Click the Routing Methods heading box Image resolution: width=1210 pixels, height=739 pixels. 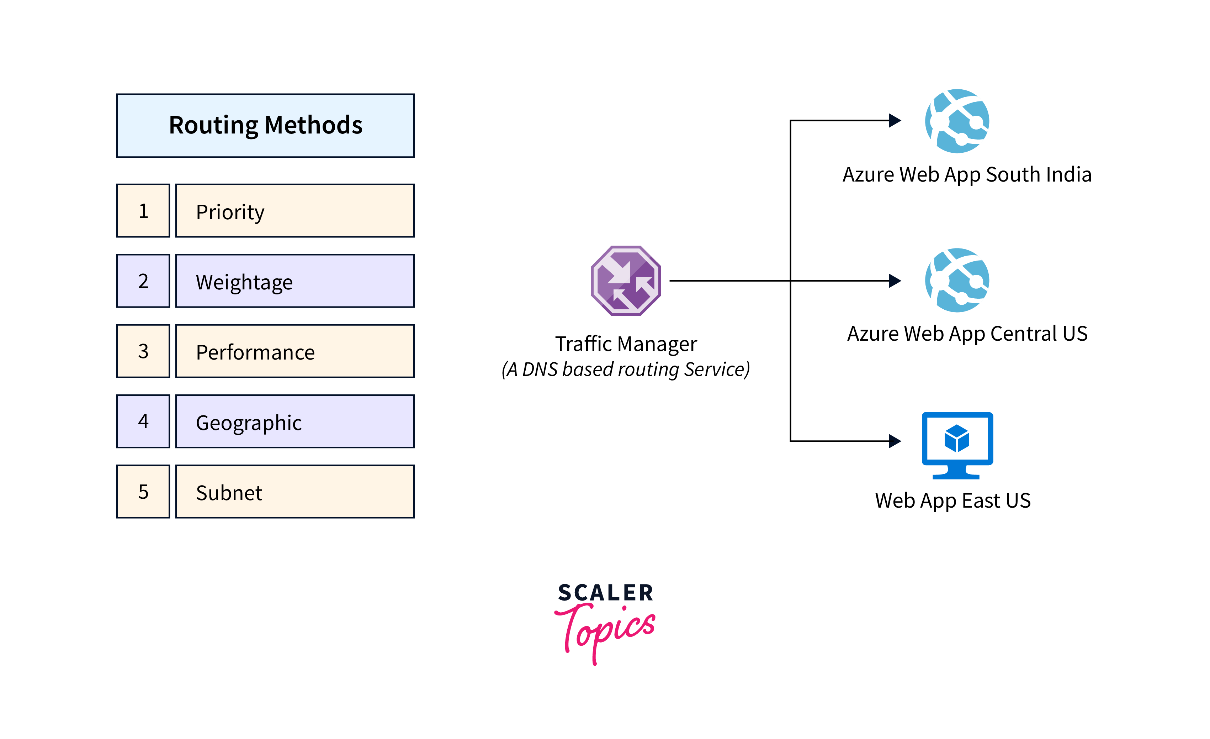click(265, 125)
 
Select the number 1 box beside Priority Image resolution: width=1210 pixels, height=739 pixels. click(143, 211)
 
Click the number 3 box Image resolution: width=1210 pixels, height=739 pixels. click(143, 351)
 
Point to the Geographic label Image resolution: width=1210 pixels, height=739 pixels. click(249, 423)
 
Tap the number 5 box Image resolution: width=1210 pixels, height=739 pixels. click(143, 491)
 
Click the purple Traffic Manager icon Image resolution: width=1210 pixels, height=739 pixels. click(626, 281)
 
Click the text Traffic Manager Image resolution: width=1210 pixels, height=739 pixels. click(626, 344)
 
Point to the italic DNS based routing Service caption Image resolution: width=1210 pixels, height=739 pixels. click(626, 369)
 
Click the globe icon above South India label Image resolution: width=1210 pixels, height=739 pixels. click(957, 121)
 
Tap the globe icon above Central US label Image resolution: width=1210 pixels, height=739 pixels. click(957, 280)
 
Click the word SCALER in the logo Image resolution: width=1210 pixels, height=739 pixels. click(605, 593)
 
